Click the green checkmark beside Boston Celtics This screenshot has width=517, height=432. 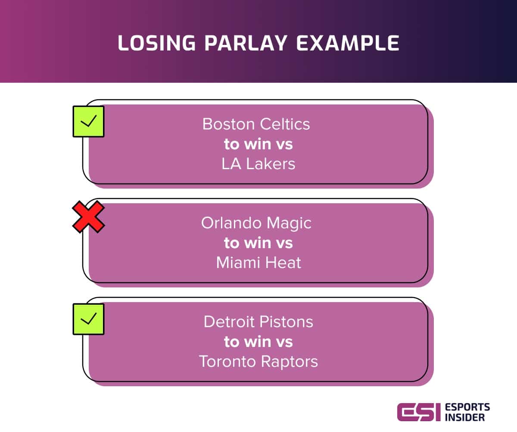click(x=88, y=122)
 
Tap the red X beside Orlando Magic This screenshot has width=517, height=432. click(x=88, y=217)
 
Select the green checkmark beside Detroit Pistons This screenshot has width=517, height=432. click(x=88, y=319)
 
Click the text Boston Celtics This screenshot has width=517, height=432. click(x=256, y=124)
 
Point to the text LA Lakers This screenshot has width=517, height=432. click(x=258, y=164)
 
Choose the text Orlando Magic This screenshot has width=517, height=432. click(x=256, y=224)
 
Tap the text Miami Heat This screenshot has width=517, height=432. click(x=258, y=262)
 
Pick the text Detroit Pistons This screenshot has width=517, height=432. click(x=258, y=322)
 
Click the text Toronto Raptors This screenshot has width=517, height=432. click(x=258, y=362)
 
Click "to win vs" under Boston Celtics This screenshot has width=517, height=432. click(x=258, y=144)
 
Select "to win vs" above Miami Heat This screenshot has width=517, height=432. click(x=258, y=243)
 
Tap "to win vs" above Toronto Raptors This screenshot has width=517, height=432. click(x=258, y=342)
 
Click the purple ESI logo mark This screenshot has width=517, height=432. click(x=419, y=412)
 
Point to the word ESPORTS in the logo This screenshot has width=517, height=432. click(x=467, y=407)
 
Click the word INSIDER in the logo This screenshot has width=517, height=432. click(x=465, y=418)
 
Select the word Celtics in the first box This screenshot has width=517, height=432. click(x=285, y=124)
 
